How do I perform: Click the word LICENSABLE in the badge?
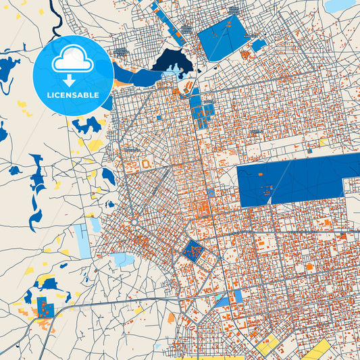(73, 95)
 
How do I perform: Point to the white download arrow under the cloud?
(73, 80)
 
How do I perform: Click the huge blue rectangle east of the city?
(297, 178)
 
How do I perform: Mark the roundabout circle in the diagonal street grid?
(134, 222)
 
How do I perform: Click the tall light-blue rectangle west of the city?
(83, 240)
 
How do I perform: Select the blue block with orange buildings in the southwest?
(46, 306)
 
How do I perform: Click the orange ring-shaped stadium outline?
(146, 163)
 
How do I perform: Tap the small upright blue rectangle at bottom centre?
(237, 296)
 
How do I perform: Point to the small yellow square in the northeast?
(323, 141)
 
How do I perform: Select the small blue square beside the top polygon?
(259, 45)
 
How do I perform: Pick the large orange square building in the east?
(309, 267)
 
